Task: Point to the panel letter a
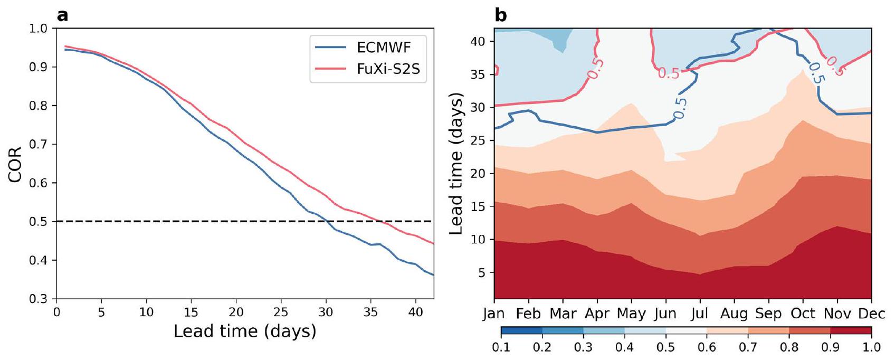tap(63, 15)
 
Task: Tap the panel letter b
tap(500, 15)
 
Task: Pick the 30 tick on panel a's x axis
tap(326, 312)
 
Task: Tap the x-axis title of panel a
tap(245, 331)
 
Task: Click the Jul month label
tap(700, 314)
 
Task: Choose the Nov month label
tap(837, 314)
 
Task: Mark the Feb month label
tap(528, 314)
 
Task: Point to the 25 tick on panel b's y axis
tap(478, 140)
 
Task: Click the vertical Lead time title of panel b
tap(456, 164)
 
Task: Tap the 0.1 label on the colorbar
tap(501, 347)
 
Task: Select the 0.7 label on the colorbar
tap(748, 347)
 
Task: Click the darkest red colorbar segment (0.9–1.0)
tap(851, 331)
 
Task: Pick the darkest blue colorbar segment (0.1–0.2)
tap(521, 331)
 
